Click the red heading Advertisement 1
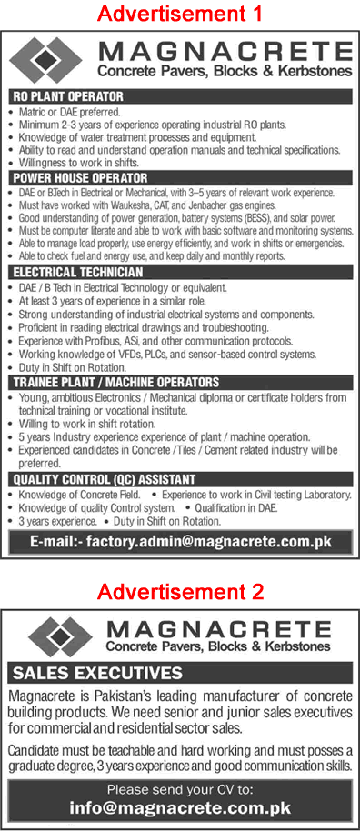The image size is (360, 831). coord(180,14)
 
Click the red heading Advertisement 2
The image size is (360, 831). coord(180,593)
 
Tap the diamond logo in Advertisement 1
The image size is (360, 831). coord(55,60)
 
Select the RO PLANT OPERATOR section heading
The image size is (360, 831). coord(69,95)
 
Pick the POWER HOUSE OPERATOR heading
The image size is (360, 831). coord(81,179)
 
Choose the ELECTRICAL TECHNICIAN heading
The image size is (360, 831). coord(77,273)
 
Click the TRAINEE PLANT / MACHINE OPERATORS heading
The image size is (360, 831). coord(115,383)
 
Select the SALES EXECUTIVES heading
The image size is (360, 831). coord(97,674)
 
